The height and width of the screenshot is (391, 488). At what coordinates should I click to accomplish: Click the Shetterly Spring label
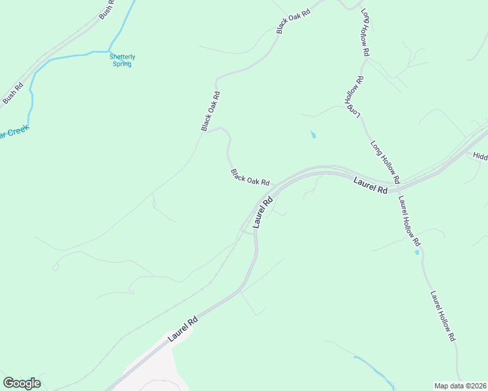click(122, 60)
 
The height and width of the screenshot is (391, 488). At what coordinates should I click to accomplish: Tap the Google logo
click(22, 383)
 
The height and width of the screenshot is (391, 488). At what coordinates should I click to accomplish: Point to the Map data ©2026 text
click(459, 386)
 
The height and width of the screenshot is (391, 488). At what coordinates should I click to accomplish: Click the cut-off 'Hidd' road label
click(480, 157)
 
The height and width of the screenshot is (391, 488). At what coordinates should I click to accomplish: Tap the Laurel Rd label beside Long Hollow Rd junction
click(371, 184)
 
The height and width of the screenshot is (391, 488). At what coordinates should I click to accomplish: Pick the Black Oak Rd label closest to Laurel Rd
click(250, 177)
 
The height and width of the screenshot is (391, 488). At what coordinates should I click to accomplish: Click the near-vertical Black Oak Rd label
click(210, 111)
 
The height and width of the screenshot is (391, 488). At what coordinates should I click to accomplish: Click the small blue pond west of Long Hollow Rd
click(313, 135)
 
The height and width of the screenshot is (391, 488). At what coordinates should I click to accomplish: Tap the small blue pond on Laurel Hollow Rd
click(417, 252)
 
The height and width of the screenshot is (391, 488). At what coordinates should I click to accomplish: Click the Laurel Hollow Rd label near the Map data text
click(442, 316)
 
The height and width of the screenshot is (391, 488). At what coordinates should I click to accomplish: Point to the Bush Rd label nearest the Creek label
click(12, 93)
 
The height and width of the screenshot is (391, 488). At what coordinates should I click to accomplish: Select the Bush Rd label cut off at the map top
click(106, 9)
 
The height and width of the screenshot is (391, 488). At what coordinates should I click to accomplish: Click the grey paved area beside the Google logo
click(150, 368)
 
